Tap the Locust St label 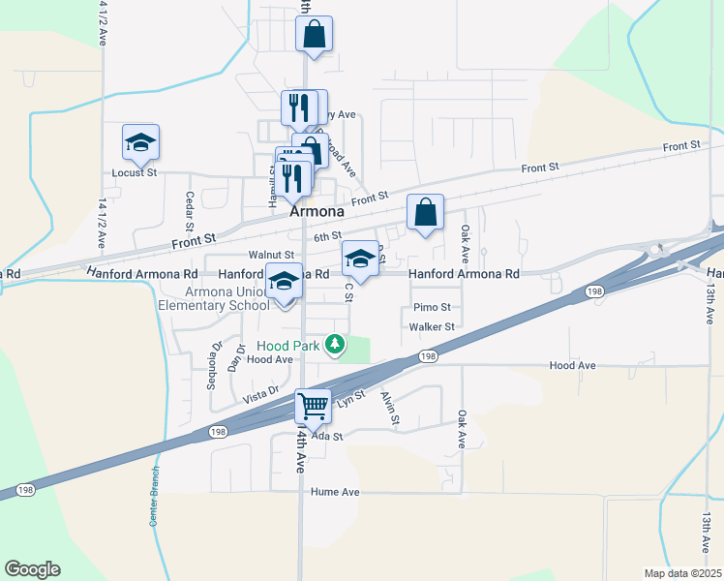[136, 172]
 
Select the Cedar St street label [190, 210]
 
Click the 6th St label [327, 235]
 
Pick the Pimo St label [432, 307]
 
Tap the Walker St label [432, 327]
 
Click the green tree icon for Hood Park [334, 344]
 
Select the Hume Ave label [335, 492]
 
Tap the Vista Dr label [260, 396]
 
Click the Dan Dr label [233, 358]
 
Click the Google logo [32, 569]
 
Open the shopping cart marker [312, 407]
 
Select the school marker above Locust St [140, 143]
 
